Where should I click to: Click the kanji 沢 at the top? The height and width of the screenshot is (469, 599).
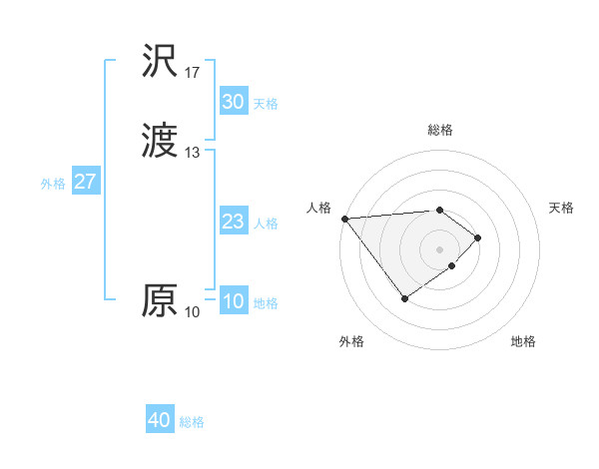(x=160, y=62)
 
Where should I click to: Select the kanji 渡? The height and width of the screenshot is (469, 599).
(x=160, y=142)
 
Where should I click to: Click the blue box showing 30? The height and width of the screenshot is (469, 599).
(x=233, y=102)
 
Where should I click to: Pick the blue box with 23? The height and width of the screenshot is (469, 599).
(x=233, y=223)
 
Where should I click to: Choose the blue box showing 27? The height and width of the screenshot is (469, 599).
(x=85, y=183)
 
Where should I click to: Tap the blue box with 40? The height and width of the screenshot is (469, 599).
(x=160, y=421)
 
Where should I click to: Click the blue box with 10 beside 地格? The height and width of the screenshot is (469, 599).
(x=233, y=302)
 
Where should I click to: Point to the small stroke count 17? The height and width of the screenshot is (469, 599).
(x=193, y=73)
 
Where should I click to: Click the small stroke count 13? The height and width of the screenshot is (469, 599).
(x=193, y=153)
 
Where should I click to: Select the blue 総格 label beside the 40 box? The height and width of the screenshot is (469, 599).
(x=192, y=423)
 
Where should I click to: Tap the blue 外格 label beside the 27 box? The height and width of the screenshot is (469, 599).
(x=52, y=184)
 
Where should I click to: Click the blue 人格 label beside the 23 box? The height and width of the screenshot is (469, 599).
(x=266, y=224)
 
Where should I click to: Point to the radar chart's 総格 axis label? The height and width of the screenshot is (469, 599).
(x=440, y=130)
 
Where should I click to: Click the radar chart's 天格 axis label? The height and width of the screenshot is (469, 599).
(x=562, y=208)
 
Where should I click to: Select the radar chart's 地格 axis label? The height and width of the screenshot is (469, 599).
(x=523, y=342)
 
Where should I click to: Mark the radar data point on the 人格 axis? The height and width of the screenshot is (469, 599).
(x=344, y=219)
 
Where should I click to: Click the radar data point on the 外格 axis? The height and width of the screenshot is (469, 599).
(x=404, y=298)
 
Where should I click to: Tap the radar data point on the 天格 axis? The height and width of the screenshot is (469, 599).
(x=479, y=237)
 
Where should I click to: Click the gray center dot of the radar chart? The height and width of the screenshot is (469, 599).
(x=440, y=248)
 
